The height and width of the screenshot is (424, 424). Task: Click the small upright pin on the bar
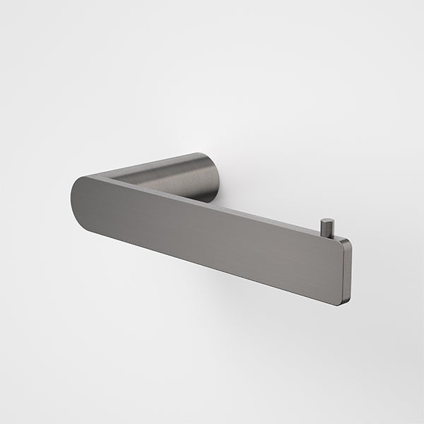click(x=325, y=228)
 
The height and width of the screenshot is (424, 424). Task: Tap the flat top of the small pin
click(x=325, y=220)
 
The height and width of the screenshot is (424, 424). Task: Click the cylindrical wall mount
click(x=201, y=177)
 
